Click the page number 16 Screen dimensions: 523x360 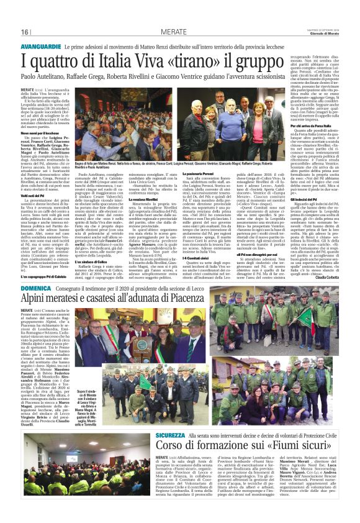25,32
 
